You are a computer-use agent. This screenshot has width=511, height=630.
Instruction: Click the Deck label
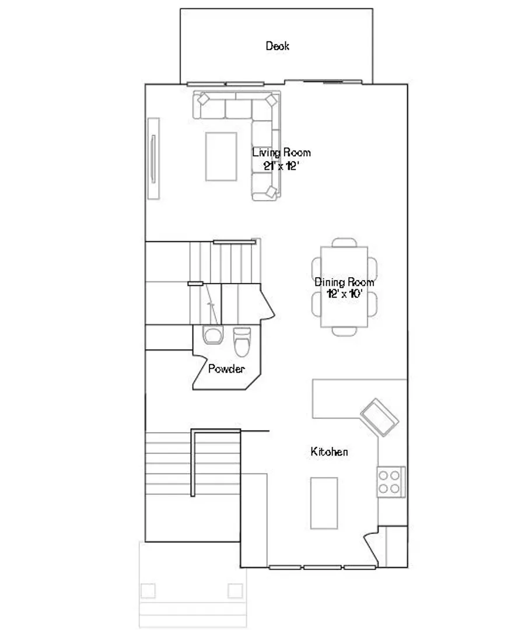[277, 46]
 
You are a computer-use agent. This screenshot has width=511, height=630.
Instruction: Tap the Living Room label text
[281, 153]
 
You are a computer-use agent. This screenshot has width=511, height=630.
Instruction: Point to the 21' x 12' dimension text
[281, 166]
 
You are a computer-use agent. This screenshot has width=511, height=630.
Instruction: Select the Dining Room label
[344, 282]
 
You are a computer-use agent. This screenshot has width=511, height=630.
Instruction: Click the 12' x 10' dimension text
[344, 293]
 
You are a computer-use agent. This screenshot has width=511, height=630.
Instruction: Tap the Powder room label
[226, 369]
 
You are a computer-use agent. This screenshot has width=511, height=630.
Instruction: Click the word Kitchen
[329, 452]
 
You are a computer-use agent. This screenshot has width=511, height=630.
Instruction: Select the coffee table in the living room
[221, 157]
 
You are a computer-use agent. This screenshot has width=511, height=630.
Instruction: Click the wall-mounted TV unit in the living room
[153, 159]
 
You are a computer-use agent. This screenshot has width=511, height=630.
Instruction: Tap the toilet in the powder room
[242, 342]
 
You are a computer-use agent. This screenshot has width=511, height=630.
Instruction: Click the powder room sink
[213, 335]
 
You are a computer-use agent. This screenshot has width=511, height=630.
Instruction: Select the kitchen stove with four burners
[391, 482]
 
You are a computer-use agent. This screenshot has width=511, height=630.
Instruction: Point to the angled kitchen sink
[380, 418]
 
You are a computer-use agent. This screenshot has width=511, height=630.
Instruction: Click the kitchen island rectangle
[324, 503]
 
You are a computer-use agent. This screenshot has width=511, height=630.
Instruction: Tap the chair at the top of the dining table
[344, 242]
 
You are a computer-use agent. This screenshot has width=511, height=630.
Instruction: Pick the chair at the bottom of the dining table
[344, 331]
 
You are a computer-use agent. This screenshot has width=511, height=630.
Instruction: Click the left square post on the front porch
[148, 590]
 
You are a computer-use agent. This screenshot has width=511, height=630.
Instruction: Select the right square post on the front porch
[236, 590]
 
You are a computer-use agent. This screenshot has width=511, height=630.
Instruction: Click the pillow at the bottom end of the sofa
[272, 192]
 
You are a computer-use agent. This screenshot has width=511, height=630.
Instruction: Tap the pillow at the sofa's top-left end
[204, 99]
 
